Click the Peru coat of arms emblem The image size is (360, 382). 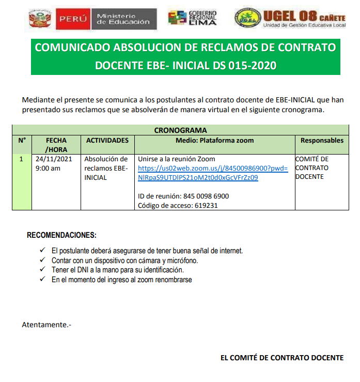point(38,19)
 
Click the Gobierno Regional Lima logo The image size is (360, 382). point(193,18)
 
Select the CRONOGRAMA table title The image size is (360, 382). point(180,130)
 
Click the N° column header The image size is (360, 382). point(22,140)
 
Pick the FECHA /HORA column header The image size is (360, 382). point(56,145)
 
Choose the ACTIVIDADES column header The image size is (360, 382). point(107,140)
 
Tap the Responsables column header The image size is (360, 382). point(322,140)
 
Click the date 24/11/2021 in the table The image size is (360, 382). point(54,159)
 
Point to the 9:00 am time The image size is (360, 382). point(48,168)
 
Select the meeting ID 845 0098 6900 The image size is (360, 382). point(206,196)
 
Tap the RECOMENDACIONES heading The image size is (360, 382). point(61,235)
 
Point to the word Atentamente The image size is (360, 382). point(46,325)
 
